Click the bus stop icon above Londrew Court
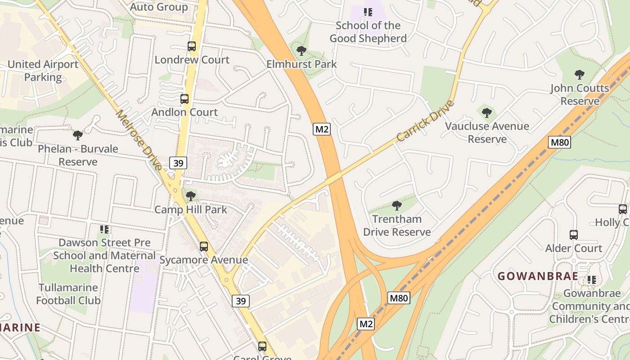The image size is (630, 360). [x=192, y=46]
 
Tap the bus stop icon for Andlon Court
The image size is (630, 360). [x=184, y=99]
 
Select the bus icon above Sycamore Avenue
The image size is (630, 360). [x=204, y=247]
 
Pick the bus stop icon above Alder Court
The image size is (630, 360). [x=574, y=235]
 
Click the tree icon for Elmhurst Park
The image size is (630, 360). [x=301, y=51]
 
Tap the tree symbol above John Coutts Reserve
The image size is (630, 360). [x=580, y=75]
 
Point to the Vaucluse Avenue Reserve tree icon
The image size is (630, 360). [x=486, y=113]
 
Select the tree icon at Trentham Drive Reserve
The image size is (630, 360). [x=396, y=206]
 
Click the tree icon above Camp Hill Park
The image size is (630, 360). [x=191, y=196]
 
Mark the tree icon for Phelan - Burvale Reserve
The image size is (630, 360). [x=78, y=135]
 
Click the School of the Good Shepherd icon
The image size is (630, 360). [x=368, y=12]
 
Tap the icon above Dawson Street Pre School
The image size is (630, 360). [x=104, y=229]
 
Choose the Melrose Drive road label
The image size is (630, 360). [x=139, y=140]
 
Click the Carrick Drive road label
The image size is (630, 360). [x=426, y=121]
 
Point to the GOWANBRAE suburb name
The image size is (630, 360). [x=538, y=276]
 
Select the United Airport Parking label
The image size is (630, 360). [x=43, y=71]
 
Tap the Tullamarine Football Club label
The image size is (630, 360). [x=68, y=294]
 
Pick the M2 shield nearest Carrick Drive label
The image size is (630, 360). [x=322, y=130]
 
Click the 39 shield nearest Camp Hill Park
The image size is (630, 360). [x=178, y=163]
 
